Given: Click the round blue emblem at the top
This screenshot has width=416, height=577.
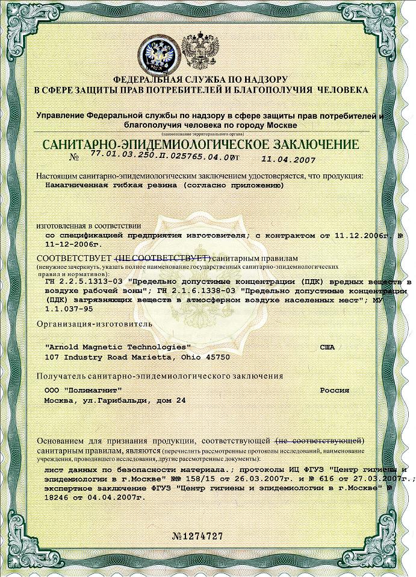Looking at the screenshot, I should [x=158, y=54].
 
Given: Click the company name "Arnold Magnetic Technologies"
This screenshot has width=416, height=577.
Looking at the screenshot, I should [x=118, y=347].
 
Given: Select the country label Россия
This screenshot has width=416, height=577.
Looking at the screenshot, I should [x=334, y=390].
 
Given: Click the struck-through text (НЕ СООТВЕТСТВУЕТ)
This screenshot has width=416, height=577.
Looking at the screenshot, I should [x=162, y=258].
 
